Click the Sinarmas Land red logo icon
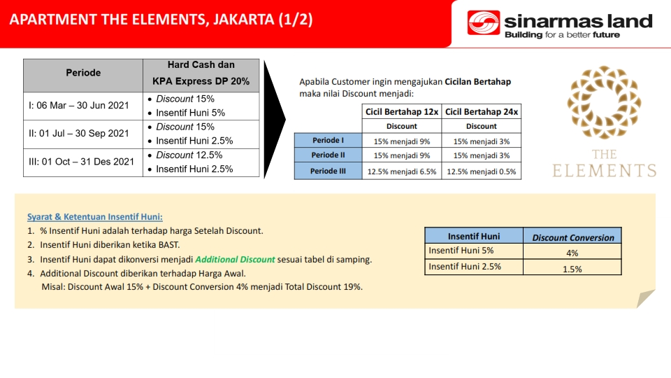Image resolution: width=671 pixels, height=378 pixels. pos(484,22)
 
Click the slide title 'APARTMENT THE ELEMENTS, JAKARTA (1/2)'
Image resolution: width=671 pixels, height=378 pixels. pos(161,20)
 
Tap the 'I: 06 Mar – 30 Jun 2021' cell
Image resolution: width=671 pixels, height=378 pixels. pos(83,106)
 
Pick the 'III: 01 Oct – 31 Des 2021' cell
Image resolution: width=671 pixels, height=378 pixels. pos(83,162)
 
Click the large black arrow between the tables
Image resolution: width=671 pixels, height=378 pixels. pos(274,120)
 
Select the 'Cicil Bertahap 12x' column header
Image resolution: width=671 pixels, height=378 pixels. pos(402,112)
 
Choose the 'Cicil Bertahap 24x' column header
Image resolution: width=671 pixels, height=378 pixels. pos(482,112)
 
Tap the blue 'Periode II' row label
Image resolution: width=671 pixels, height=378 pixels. pos(329,155)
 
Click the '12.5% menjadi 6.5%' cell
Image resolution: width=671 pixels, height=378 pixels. pos(402,171)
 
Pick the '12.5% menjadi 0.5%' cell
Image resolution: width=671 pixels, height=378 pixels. pos(482,171)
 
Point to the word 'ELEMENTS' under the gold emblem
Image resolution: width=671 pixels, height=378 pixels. pos(604,171)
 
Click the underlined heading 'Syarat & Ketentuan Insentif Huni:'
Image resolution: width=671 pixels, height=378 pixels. pos(95,217)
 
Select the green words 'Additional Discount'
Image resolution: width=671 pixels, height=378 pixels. pos(235,259)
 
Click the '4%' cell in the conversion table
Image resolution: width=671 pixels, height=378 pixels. pos(572,253)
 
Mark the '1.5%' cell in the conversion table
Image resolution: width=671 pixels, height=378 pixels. pos(572,269)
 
